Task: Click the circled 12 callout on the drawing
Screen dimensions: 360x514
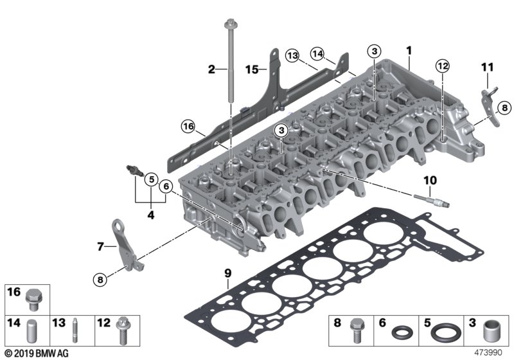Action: coord(441,65)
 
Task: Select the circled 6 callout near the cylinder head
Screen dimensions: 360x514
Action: coord(166,187)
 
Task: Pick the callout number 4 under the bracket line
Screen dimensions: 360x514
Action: coord(151,215)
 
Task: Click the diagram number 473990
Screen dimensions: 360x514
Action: coord(493,353)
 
